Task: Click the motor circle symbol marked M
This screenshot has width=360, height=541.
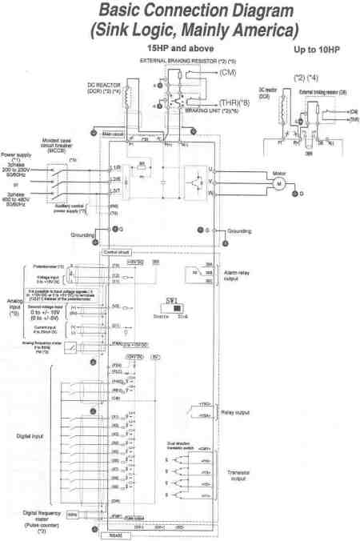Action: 280,183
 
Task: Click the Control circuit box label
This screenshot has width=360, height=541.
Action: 113,251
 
